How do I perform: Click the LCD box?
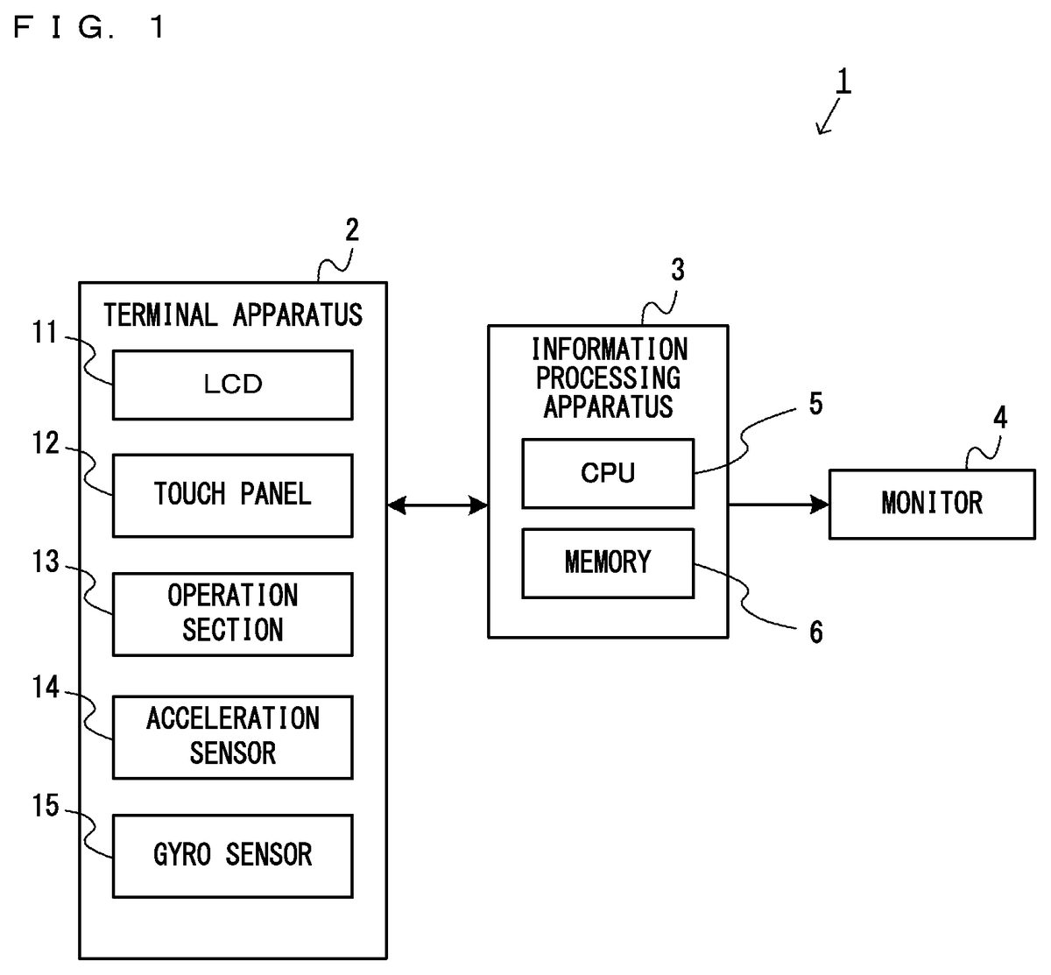[x=232, y=385]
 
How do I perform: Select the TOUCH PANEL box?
[x=232, y=495]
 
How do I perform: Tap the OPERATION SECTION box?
[x=232, y=613]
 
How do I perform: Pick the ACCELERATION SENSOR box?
[x=232, y=737]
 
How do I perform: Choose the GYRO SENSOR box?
[x=232, y=855]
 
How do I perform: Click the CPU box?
[x=608, y=473]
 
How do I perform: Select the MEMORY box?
[x=608, y=562]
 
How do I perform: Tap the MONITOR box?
[x=932, y=504]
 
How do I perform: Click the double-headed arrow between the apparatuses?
[x=437, y=505]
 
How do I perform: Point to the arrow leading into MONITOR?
[x=778, y=504]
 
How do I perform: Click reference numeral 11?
[x=46, y=334]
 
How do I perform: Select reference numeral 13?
[x=46, y=562]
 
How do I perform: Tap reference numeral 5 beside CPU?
[x=815, y=404]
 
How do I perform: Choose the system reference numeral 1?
[x=843, y=82]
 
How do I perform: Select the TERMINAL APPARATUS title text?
[x=232, y=314]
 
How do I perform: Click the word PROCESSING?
[x=608, y=378]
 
